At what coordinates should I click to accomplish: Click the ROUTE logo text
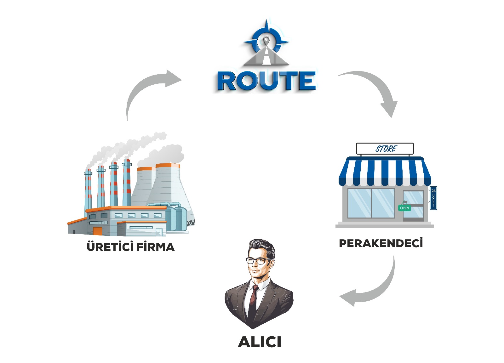click(266, 81)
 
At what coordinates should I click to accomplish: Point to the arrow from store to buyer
click(375, 290)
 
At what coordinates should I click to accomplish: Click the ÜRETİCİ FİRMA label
click(130, 247)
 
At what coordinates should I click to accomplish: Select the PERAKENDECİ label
click(381, 243)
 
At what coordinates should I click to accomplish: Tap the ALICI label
click(260, 342)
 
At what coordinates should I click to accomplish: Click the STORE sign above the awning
click(385, 149)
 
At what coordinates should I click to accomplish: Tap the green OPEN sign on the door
click(404, 208)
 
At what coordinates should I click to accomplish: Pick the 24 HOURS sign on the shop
click(433, 198)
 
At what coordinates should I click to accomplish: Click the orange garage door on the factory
click(98, 231)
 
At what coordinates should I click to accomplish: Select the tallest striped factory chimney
click(127, 183)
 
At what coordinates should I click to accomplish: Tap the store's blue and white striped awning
click(385, 172)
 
